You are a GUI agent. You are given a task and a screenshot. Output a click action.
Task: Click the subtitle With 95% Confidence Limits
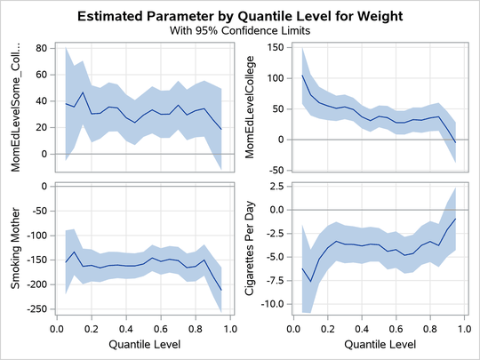point(239,29)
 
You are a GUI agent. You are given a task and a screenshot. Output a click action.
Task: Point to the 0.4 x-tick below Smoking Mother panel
point(124,328)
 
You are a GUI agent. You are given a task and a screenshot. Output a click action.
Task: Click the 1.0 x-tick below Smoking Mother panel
point(228,328)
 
